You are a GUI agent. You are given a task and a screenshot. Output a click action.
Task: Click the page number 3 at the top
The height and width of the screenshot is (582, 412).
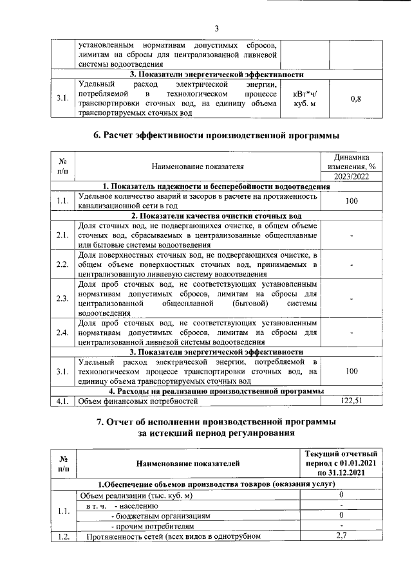(217, 28)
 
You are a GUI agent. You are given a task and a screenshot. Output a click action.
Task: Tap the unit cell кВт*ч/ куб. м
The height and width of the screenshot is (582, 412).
(304, 99)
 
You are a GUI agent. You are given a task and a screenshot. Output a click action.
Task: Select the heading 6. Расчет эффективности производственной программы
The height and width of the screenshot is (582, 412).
(216, 135)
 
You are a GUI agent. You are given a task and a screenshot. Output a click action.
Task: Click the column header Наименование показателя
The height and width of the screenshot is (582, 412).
(198, 166)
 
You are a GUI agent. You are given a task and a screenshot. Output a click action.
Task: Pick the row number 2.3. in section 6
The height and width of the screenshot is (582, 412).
(62, 298)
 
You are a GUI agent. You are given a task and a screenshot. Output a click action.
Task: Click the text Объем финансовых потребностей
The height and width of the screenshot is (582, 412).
(137, 401)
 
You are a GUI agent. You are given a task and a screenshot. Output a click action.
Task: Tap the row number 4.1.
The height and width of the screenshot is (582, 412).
(62, 401)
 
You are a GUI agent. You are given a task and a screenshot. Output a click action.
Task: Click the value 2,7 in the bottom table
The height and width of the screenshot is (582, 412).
(342, 536)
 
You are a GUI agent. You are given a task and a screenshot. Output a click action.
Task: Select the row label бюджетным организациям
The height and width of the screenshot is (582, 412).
(161, 516)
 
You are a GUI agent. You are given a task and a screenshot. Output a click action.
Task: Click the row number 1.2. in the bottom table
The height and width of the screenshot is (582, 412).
(63, 536)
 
